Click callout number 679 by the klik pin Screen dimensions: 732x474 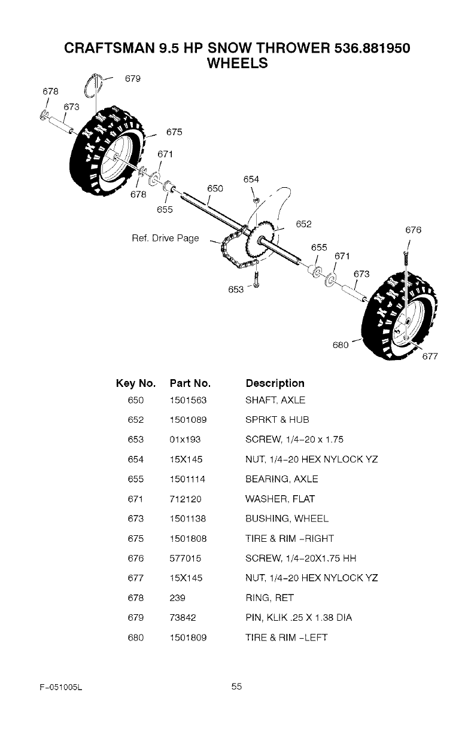[x=132, y=78]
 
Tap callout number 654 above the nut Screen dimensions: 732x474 [x=251, y=179]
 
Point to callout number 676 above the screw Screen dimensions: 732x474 [x=413, y=229]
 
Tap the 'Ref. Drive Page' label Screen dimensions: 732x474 [x=165, y=239]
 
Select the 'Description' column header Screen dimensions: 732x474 [x=275, y=383]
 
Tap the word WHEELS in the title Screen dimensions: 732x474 [x=236, y=62]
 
